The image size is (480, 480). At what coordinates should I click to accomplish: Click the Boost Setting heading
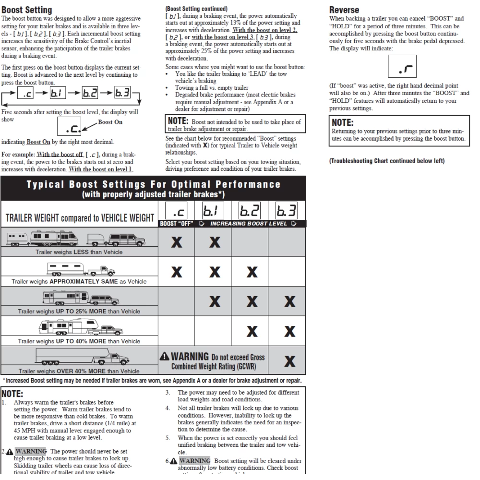click(x=27, y=10)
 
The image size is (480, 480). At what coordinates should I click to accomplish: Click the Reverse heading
click(x=344, y=10)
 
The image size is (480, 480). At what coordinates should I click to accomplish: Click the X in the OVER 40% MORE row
click(x=289, y=361)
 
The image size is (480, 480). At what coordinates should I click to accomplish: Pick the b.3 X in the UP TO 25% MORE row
click(x=289, y=302)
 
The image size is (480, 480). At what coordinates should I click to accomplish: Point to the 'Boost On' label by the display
click(x=110, y=122)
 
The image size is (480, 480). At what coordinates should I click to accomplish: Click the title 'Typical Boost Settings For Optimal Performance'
click(x=154, y=185)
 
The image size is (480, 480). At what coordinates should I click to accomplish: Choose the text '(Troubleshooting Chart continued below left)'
click(x=387, y=161)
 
